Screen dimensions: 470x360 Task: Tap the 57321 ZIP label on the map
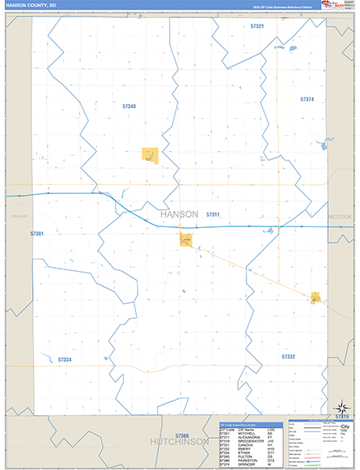pyautogui.click(x=257, y=27)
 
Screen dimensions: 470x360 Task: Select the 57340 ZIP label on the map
pyautogui.click(x=129, y=106)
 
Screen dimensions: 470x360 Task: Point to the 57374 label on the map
pyautogui.click(x=307, y=99)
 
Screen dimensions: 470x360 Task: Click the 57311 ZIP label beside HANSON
pyautogui.click(x=213, y=214)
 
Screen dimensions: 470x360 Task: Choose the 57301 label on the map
pyautogui.click(x=37, y=233)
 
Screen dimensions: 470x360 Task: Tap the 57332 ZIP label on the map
pyautogui.click(x=289, y=356)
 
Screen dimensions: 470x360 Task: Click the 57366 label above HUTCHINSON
pyautogui.click(x=182, y=435)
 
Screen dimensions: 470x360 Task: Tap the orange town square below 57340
pyautogui.click(x=149, y=155)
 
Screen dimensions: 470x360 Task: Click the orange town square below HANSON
pyautogui.click(x=185, y=240)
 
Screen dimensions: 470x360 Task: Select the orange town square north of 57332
pyautogui.click(x=315, y=298)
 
